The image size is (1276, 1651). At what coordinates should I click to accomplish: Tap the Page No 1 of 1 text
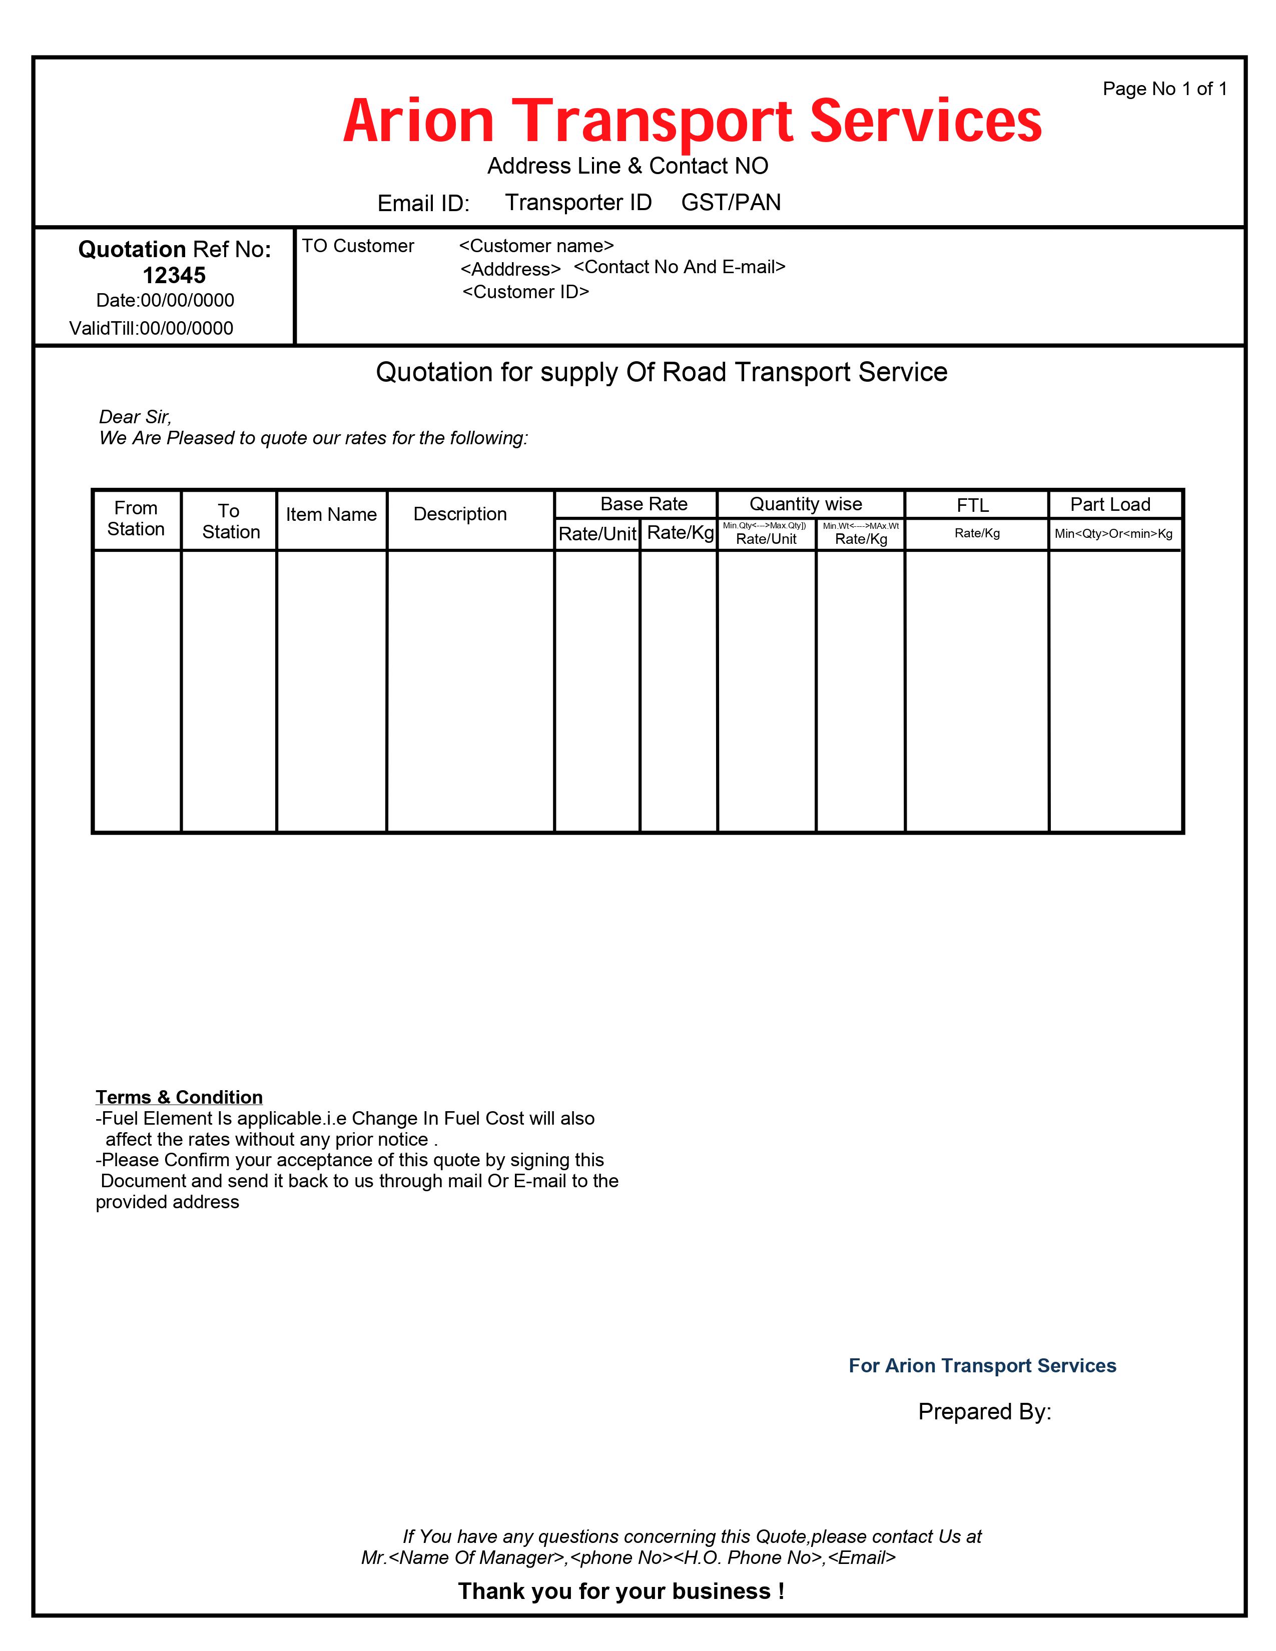(x=1164, y=89)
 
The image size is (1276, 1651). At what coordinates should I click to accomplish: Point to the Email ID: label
(x=423, y=203)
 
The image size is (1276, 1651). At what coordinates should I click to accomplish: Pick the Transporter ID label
(x=578, y=203)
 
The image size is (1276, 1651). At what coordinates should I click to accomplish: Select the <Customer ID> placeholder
(x=525, y=292)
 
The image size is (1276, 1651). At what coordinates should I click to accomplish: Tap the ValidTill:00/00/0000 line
(x=151, y=328)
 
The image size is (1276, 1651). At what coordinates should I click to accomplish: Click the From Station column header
(x=136, y=519)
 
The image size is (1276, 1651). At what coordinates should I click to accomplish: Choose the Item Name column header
(x=331, y=515)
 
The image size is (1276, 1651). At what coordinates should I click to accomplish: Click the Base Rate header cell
(x=644, y=504)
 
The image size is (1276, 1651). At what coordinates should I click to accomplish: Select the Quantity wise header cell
(x=805, y=504)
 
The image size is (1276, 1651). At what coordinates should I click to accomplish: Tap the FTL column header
(x=972, y=505)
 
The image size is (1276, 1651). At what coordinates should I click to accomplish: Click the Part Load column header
(x=1110, y=504)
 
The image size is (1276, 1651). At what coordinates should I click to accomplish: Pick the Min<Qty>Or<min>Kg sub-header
(x=1113, y=534)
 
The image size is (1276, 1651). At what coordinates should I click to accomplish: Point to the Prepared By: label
(x=984, y=1411)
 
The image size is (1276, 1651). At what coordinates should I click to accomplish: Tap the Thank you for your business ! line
(x=620, y=1591)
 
